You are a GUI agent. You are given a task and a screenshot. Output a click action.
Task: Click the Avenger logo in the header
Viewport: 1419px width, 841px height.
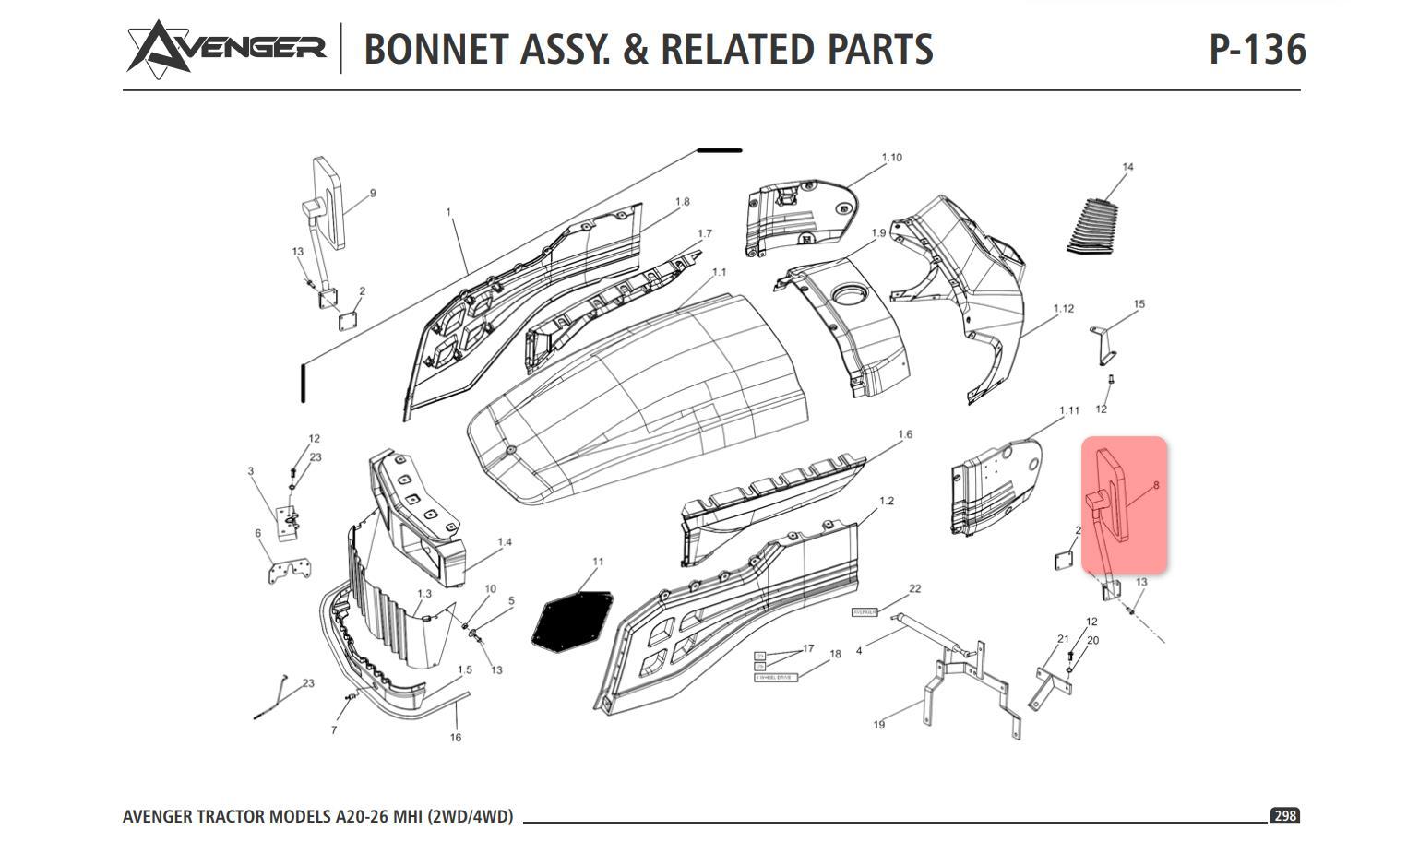click(226, 47)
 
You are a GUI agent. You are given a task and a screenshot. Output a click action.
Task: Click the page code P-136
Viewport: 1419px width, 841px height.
click(1257, 49)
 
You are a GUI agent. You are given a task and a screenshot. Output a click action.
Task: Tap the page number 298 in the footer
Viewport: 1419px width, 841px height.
click(1284, 816)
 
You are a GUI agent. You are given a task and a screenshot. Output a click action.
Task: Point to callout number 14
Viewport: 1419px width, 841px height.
click(1127, 167)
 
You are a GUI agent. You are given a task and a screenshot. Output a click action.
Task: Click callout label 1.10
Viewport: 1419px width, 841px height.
click(891, 158)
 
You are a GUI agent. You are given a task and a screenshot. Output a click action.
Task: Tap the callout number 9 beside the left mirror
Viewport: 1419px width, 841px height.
click(373, 194)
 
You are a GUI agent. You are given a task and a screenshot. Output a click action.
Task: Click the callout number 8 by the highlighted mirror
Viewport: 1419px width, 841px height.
click(1155, 485)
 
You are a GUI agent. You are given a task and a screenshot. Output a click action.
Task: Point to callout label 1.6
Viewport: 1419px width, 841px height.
click(904, 434)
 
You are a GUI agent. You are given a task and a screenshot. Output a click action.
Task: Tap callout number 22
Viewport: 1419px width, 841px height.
click(914, 588)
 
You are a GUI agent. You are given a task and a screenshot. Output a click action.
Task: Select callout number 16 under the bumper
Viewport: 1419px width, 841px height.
click(455, 738)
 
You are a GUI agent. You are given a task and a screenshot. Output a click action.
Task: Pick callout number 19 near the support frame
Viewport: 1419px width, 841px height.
click(878, 725)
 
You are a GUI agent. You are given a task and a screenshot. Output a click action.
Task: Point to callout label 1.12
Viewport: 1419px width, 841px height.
click(1063, 309)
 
